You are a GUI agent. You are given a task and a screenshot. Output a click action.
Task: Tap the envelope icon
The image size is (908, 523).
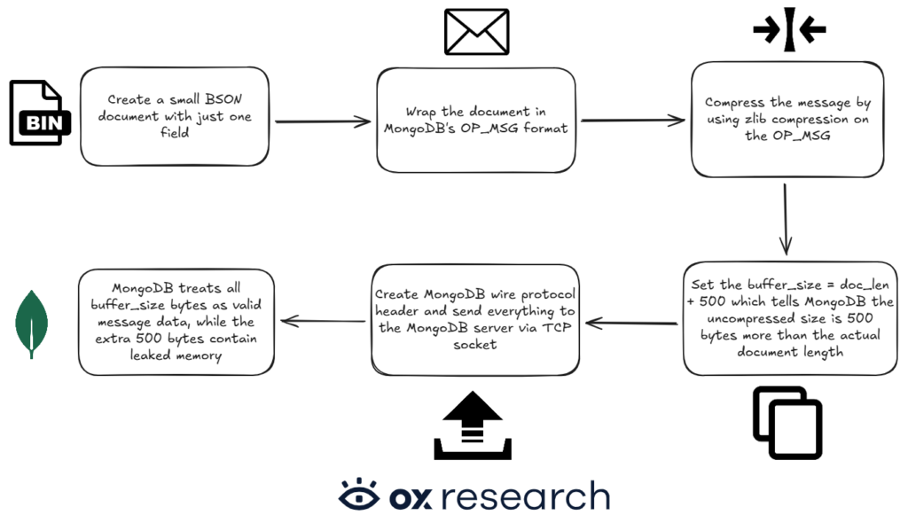476,32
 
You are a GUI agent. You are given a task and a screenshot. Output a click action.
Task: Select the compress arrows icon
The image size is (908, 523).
788,30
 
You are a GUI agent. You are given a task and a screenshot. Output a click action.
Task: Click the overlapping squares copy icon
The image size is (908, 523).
787,422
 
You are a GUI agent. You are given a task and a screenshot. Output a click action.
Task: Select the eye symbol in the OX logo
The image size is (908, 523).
359,495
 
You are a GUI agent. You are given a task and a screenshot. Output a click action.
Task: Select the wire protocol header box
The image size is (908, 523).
474,318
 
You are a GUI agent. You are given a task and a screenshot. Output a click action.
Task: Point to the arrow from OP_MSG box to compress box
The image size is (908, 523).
631,121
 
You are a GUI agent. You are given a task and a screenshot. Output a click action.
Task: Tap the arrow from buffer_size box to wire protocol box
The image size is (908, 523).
633,324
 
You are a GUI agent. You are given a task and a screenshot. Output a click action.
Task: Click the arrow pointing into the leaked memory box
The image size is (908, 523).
322,322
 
